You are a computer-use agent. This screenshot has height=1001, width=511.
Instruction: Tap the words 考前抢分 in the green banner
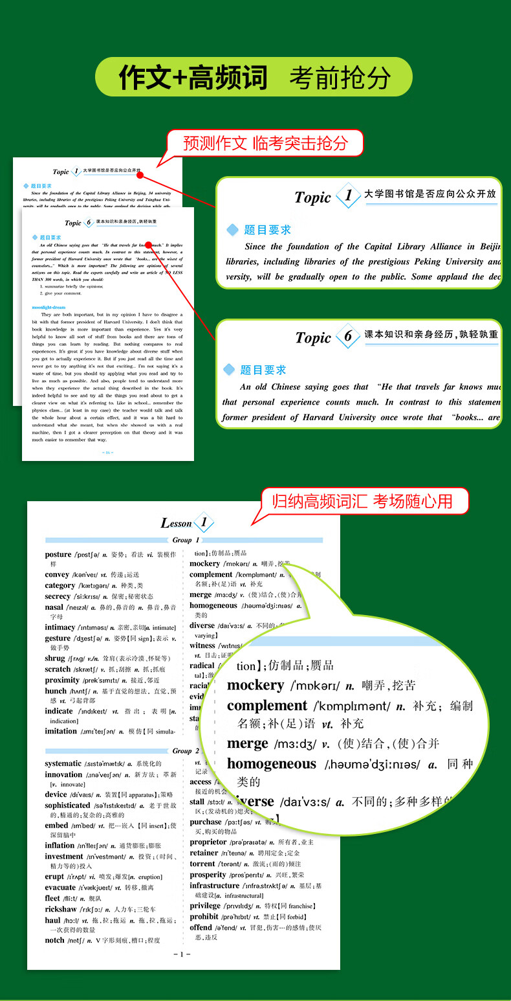340,78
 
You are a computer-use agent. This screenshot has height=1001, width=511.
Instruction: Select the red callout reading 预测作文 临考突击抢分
265,143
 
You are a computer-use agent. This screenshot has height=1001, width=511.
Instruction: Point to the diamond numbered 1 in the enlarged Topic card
349,195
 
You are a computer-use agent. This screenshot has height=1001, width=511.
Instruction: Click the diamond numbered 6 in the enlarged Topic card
348,336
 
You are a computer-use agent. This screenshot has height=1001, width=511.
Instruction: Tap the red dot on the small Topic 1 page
140,175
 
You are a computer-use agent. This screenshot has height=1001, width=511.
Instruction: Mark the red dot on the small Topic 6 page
148,245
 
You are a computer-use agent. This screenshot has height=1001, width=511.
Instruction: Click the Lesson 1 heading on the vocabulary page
186,523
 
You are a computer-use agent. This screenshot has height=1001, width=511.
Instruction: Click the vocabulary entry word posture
58,555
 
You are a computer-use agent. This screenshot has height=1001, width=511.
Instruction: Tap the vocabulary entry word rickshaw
61,909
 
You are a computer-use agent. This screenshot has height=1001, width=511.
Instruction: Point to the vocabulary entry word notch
55,940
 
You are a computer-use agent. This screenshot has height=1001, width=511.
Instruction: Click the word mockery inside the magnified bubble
255,685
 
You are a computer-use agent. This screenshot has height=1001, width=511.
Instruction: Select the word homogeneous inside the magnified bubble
272,764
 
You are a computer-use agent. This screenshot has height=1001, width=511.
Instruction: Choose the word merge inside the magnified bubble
248,743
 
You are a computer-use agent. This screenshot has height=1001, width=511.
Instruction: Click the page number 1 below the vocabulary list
182,954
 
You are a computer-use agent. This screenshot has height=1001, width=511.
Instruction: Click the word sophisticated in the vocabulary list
67,805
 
